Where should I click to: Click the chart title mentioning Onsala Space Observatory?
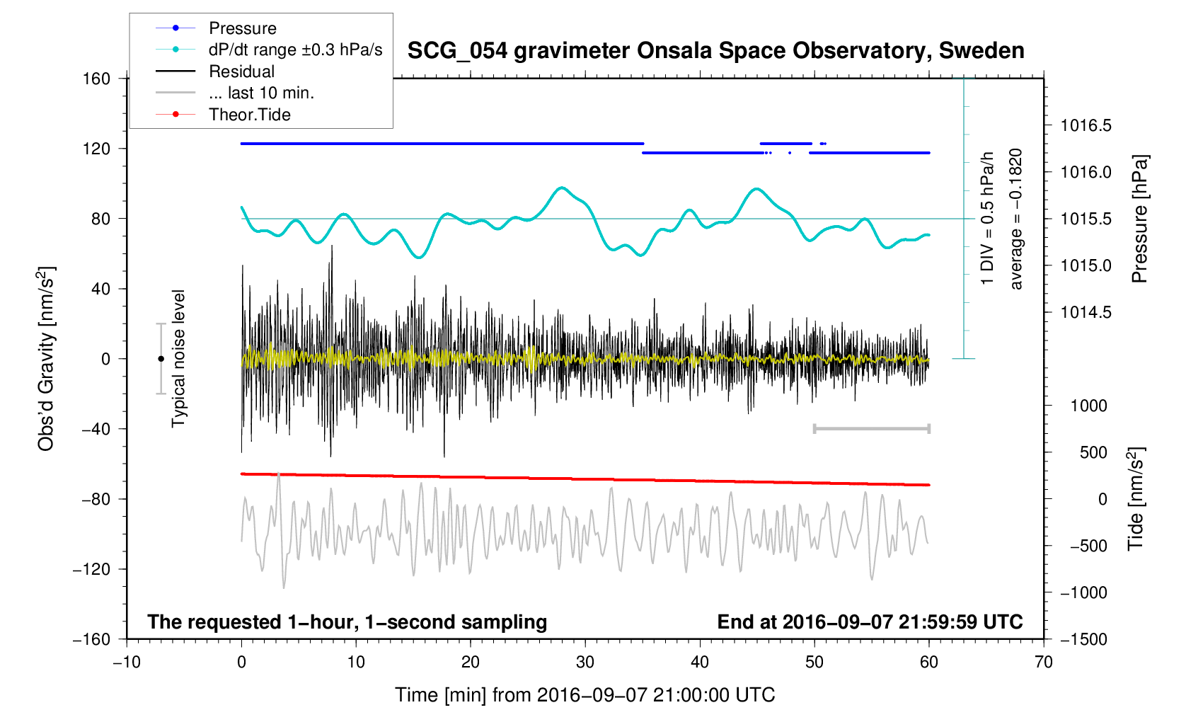click(715, 51)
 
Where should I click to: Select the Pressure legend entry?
click(243, 28)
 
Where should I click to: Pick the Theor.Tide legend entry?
click(249, 115)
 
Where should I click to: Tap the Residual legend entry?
click(241, 71)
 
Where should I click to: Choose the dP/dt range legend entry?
click(295, 50)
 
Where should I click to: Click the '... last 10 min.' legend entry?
click(261, 93)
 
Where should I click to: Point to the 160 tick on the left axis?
click(96, 79)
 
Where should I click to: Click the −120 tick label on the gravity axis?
click(91, 569)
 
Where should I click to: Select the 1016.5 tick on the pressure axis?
click(1086, 126)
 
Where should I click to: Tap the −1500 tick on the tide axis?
click(1083, 639)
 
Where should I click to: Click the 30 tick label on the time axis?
click(585, 663)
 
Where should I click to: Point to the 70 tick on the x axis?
click(1043, 663)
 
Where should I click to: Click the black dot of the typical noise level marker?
click(161, 359)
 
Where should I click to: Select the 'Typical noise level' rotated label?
click(178, 358)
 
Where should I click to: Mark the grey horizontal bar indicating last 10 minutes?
click(871, 428)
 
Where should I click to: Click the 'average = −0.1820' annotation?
click(1016, 219)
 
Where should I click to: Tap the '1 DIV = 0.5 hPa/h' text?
click(987, 218)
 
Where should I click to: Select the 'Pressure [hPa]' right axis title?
click(1139, 219)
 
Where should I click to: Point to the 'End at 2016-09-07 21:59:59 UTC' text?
click(870, 622)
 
